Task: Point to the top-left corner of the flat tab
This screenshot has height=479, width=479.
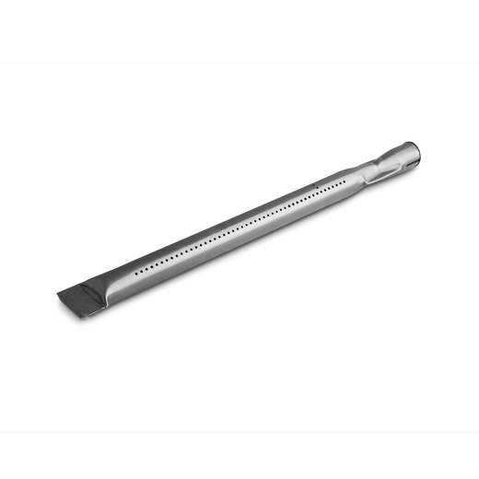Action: (x=57, y=293)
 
